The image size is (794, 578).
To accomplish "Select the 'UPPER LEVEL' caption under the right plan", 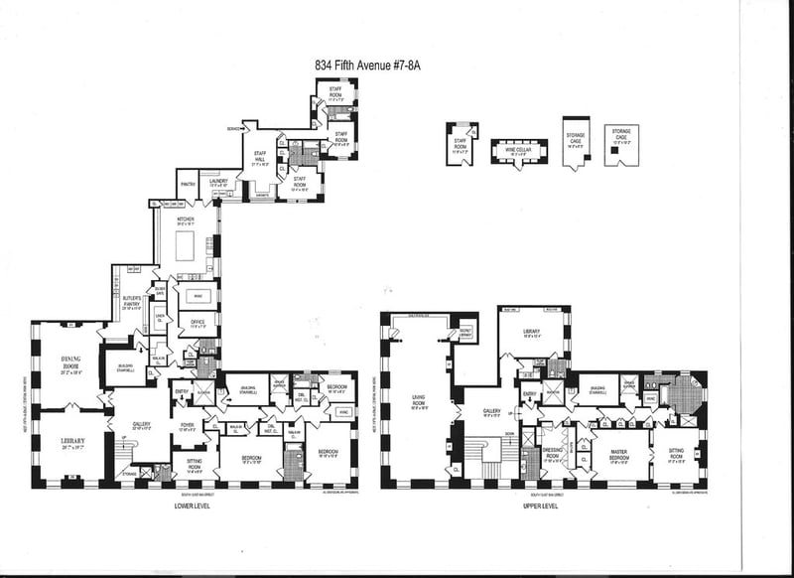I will tap(540, 506).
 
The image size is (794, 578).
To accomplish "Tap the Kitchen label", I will tap(185, 220).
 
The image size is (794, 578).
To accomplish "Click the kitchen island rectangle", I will tap(186, 247).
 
